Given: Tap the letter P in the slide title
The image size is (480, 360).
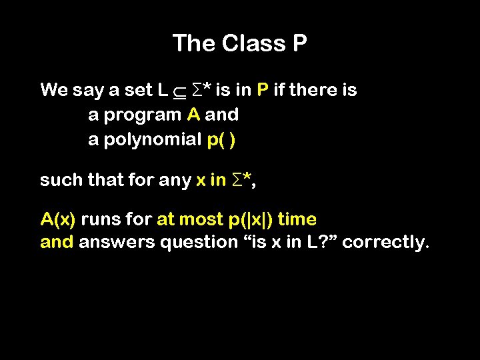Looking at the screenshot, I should click(299, 44).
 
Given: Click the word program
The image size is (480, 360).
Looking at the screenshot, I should click(142, 115).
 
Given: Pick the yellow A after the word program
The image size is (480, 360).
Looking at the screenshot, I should click(193, 115).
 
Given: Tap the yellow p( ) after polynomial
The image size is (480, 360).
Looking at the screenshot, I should click(221, 140).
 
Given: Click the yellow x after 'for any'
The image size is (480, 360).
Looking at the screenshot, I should click(201, 180).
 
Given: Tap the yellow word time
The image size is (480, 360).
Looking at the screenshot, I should click(297, 219).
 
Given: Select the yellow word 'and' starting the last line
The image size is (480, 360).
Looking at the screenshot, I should click(57, 242).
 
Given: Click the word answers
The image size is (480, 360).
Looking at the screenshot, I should click(116, 242).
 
